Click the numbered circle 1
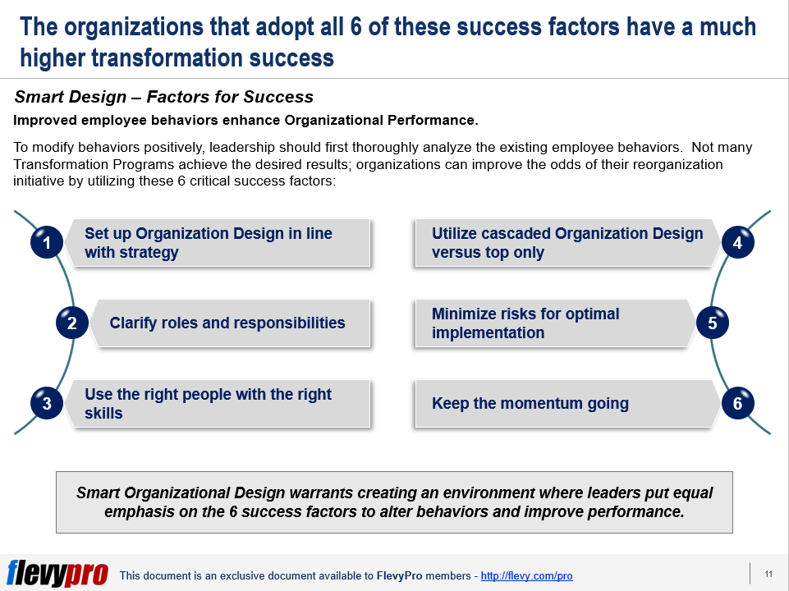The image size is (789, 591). point(47,242)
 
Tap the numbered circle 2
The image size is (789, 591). point(72,323)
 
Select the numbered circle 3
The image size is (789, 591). point(47,403)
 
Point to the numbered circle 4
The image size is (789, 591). point(737,242)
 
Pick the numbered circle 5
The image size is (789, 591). point(713,323)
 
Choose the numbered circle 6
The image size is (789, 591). point(737,403)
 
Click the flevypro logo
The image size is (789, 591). point(57,573)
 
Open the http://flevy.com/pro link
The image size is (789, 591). point(526,576)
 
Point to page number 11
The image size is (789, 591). point(768,574)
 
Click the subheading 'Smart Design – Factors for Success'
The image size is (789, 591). point(164,97)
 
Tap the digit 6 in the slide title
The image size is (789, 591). point(356,27)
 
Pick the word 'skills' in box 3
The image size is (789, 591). point(103,414)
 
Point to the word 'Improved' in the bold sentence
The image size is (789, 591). point(45,121)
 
